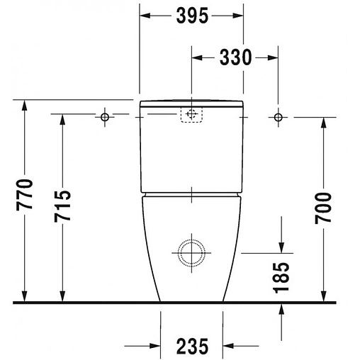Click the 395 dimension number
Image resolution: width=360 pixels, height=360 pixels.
click(x=192, y=16)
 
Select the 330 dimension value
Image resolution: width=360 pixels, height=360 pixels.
click(x=235, y=57)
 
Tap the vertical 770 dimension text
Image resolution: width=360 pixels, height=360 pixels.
click(x=24, y=195)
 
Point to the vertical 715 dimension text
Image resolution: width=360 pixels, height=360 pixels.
click(x=62, y=206)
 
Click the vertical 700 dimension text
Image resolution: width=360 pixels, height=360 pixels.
click(x=323, y=208)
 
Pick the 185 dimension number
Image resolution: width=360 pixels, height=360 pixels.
click(x=281, y=278)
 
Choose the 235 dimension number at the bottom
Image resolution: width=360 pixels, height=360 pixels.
click(x=192, y=347)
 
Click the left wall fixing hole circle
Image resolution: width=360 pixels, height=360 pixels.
click(x=105, y=117)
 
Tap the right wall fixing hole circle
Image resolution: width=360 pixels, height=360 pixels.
click(x=278, y=117)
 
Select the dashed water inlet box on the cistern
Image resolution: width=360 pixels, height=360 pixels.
click(x=191, y=115)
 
